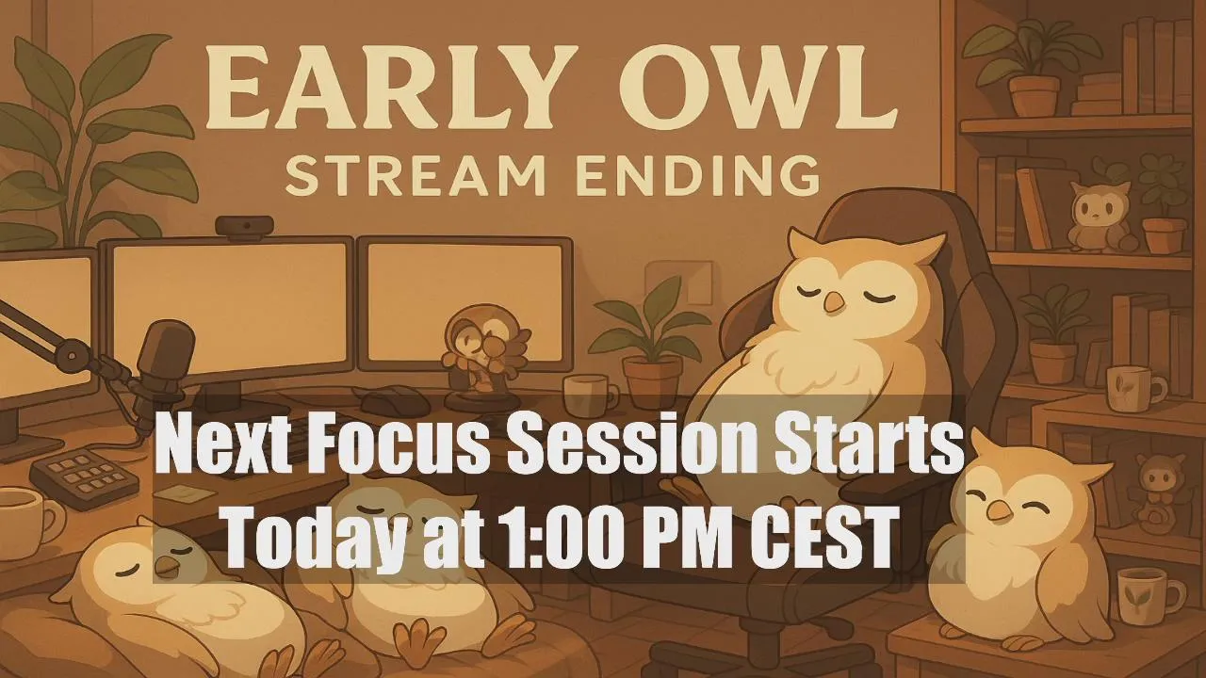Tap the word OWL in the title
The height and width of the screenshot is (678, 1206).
tap(758, 88)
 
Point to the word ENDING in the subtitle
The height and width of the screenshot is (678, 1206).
tap(697, 175)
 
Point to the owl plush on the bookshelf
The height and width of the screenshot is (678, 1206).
tap(1099, 217)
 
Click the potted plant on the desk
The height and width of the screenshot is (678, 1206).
tap(650, 345)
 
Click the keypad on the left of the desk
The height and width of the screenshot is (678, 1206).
tap(84, 477)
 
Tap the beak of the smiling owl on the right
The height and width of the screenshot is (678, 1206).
tap(1000, 510)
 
